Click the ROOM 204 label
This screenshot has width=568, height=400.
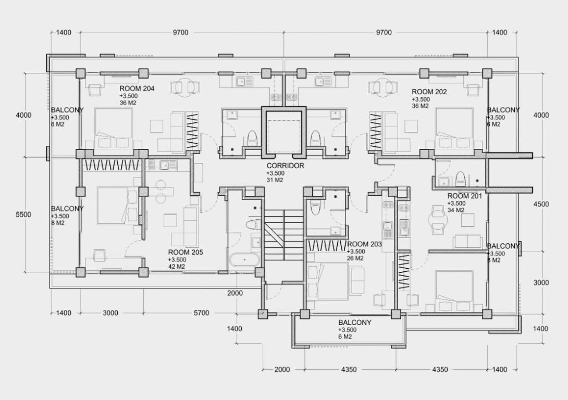tap(137, 89)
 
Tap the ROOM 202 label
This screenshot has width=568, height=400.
tap(429, 92)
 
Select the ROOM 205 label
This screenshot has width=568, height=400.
tap(186, 252)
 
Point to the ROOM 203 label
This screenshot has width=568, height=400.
tap(364, 244)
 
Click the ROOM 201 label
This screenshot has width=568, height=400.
tap(465, 196)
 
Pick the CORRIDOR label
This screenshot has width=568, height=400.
tap(286, 166)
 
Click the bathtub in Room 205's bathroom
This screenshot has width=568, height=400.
tap(244, 260)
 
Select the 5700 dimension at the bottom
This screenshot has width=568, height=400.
tap(202, 312)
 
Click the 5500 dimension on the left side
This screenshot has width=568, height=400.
tap(23, 214)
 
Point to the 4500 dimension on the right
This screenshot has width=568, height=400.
tap(541, 204)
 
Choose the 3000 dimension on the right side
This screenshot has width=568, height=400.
tap(541, 283)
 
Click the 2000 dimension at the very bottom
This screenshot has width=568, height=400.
tap(282, 370)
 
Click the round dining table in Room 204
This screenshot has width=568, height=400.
tap(185, 87)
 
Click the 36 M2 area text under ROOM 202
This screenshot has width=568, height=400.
tap(420, 106)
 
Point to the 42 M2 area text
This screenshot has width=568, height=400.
tap(177, 267)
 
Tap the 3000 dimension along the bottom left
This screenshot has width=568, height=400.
tap(110, 312)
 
